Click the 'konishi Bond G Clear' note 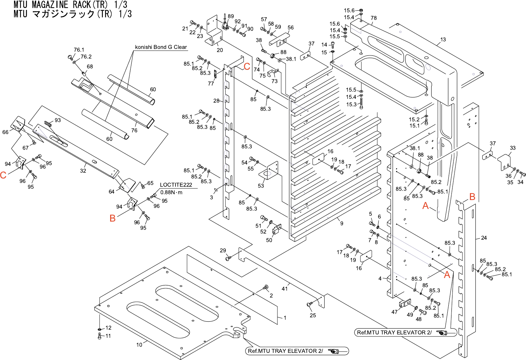coord(161,47)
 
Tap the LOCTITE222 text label coord(176,185)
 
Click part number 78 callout coord(373,18)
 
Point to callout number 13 coord(443,40)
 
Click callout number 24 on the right coord(484,238)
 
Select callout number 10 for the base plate coord(139,345)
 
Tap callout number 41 coord(285,289)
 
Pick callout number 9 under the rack coord(342,224)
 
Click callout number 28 coord(216,101)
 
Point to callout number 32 coord(83,171)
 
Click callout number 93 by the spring coord(57,120)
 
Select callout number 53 coord(261,186)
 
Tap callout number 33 coord(513,148)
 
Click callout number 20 coord(220,50)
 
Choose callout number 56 coord(290,28)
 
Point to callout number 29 coord(223,251)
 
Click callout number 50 coord(269,240)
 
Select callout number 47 coord(394,312)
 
